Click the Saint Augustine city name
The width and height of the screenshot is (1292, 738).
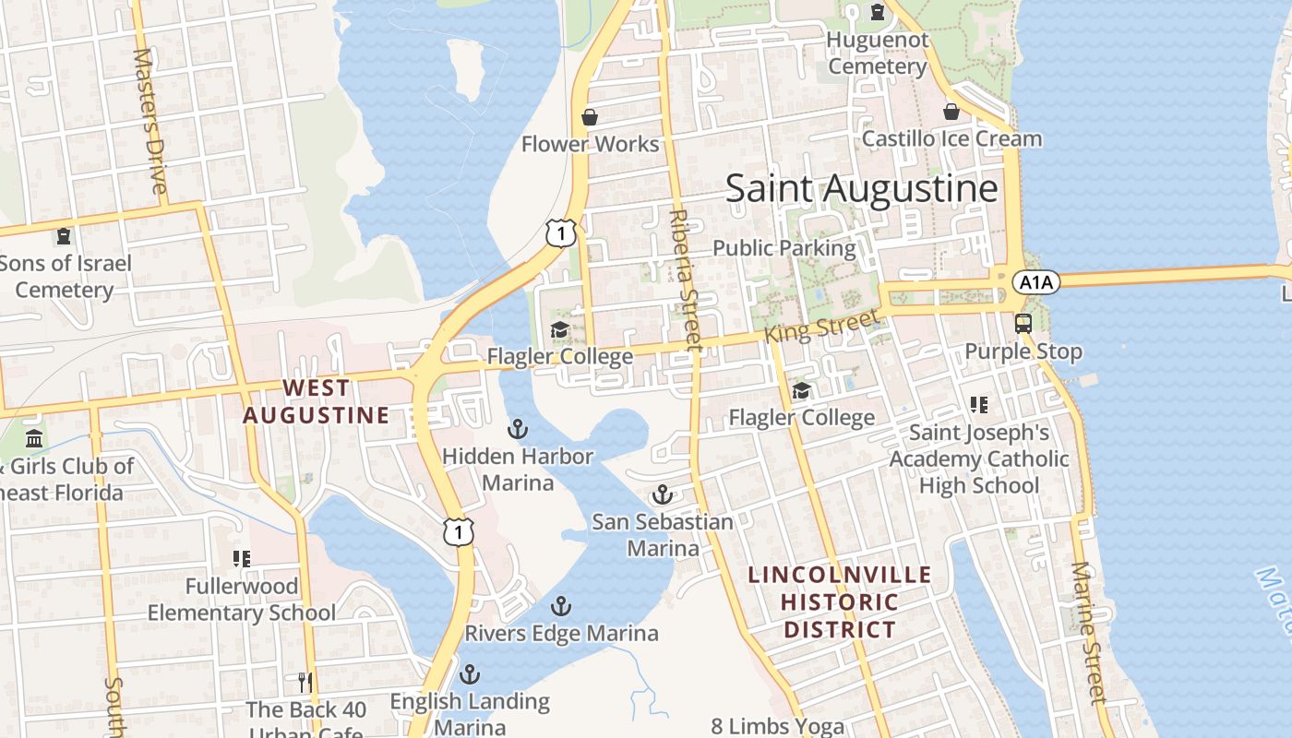coord(861,188)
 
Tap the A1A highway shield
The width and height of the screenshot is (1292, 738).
coord(1035,282)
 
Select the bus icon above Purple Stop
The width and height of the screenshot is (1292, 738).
coord(1023,323)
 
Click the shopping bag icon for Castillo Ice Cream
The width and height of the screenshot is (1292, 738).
coord(951,112)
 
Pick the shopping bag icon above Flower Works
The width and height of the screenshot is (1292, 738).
coord(590,117)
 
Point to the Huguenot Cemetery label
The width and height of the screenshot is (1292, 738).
coord(877,54)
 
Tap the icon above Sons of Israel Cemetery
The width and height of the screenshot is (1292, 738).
coord(64,236)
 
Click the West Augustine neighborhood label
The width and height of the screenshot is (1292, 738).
coord(316,401)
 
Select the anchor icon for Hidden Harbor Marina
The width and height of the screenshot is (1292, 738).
coord(518,429)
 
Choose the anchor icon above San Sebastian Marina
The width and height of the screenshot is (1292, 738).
coord(662,495)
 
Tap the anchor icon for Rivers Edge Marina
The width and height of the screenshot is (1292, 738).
coord(560,606)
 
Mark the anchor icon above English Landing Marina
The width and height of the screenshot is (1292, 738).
coord(470,674)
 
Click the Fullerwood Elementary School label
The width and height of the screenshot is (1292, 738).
coord(242,600)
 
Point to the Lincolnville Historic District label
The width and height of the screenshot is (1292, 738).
coord(839,602)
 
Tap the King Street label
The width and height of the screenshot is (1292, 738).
coord(821,327)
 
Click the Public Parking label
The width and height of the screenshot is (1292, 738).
coord(784,248)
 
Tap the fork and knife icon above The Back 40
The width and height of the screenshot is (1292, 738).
coord(305,683)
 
